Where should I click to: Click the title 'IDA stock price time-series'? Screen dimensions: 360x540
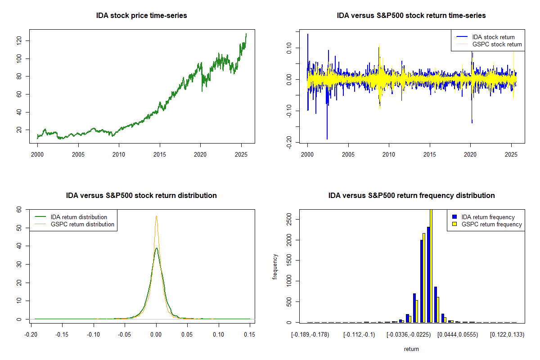click(x=141, y=16)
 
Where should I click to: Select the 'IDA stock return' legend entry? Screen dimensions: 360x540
click(x=493, y=37)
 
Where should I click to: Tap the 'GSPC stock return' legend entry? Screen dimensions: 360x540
click(x=497, y=44)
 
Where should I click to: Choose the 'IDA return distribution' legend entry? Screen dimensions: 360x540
click(x=79, y=217)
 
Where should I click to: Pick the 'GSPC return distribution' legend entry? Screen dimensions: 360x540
click(x=82, y=224)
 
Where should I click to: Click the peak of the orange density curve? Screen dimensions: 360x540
click(x=156, y=216)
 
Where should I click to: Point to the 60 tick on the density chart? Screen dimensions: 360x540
click(x=19, y=209)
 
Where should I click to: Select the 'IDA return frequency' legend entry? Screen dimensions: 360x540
click(x=488, y=217)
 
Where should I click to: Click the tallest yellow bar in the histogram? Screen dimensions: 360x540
click(x=431, y=265)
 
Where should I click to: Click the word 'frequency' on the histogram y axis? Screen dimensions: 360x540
click(x=275, y=266)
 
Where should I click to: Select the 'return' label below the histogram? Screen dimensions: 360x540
click(x=411, y=349)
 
